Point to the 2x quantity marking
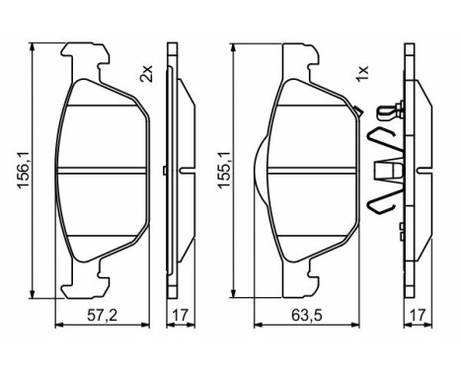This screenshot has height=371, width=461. pyautogui.click(x=147, y=72)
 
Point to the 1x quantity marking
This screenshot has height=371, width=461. pyautogui.click(x=362, y=72)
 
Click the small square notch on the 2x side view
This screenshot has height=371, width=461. pyautogui.click(x=163, y=170)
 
